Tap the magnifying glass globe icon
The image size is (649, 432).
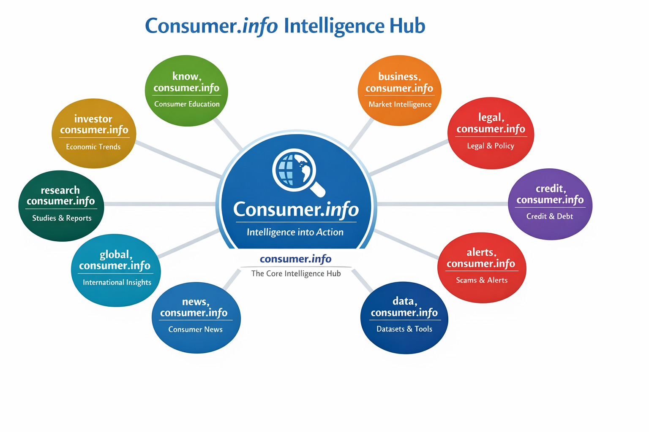298,173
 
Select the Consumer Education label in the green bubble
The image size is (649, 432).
187,104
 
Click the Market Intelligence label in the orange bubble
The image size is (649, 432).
400,105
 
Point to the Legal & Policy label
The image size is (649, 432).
491,146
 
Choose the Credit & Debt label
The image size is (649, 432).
550,216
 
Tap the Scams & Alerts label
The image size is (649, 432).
482,280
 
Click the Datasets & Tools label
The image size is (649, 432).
404,329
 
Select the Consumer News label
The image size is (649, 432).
195,329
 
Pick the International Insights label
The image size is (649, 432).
117,282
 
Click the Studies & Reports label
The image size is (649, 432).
62,218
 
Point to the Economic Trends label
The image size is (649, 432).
93,147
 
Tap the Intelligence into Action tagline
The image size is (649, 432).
295,232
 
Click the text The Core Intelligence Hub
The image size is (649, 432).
296,273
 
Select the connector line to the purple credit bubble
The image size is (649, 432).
443,204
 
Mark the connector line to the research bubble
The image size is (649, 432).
160,204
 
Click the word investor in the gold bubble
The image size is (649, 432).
93,119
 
